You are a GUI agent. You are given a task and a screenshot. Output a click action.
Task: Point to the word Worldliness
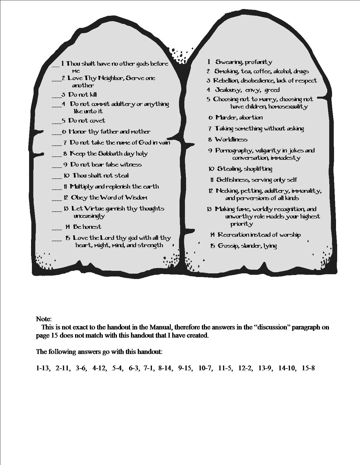[231, 139]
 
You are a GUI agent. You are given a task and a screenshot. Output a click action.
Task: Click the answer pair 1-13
[43, 368]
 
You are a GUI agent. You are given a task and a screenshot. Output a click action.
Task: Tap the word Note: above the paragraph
[44, 319]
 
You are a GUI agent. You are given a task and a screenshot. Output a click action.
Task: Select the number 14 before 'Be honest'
[67, 227]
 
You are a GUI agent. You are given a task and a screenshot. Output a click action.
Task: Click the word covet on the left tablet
[97, 121]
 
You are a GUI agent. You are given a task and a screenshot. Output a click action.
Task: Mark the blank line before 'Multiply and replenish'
[57, 189]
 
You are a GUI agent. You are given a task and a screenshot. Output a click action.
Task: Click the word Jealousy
[228, 90]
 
